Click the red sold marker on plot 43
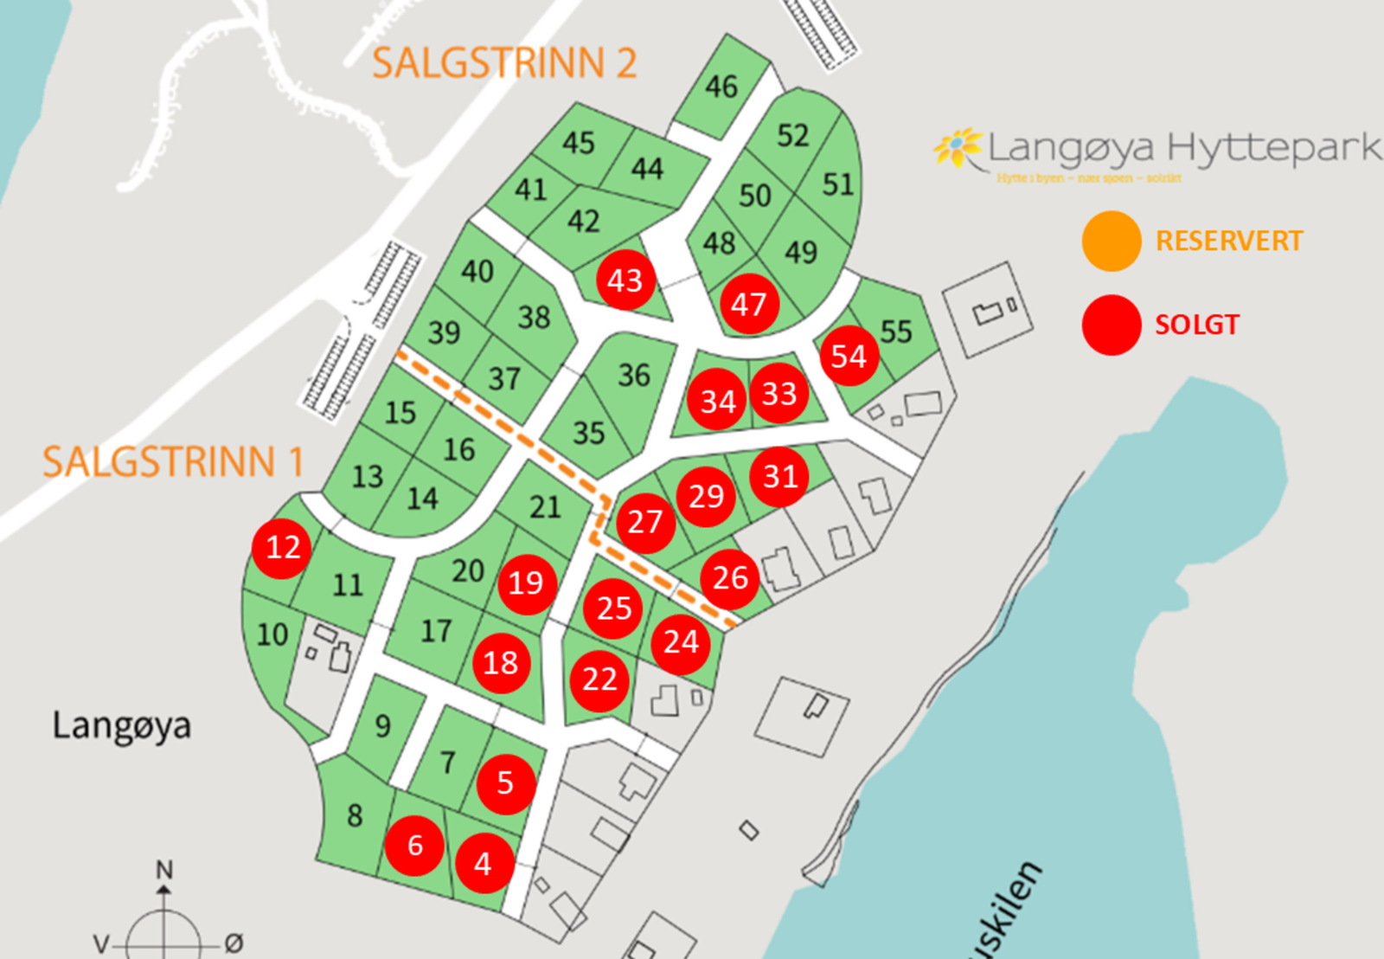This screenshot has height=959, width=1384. pos(625,280)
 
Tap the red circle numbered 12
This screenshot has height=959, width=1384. pos(283,547)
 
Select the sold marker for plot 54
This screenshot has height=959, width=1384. pos(849,356)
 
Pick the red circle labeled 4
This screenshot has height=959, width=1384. pos(484,863)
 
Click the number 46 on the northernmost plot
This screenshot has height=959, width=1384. pos(721,87)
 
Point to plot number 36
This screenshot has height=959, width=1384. pos(634,375)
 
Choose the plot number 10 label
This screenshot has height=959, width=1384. pos(272,634)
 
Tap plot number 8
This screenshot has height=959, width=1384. pos(355,815)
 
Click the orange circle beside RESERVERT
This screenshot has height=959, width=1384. pos(1112,241)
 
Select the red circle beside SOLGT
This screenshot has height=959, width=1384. pos(1112,325)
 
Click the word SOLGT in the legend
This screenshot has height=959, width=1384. pos(1197,325)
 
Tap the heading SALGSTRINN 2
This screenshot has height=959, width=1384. pos(504,63)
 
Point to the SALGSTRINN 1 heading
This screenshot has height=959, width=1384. pos(173,461)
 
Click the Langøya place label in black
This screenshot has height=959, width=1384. pos(121,725)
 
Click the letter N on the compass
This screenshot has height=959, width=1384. pos(164,869)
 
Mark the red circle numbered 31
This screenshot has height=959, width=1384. pos(779,476)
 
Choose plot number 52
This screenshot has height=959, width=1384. pos(792,135)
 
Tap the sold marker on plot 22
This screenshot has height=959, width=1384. pos(599,679)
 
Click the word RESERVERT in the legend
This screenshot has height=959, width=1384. pos(1229,241)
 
